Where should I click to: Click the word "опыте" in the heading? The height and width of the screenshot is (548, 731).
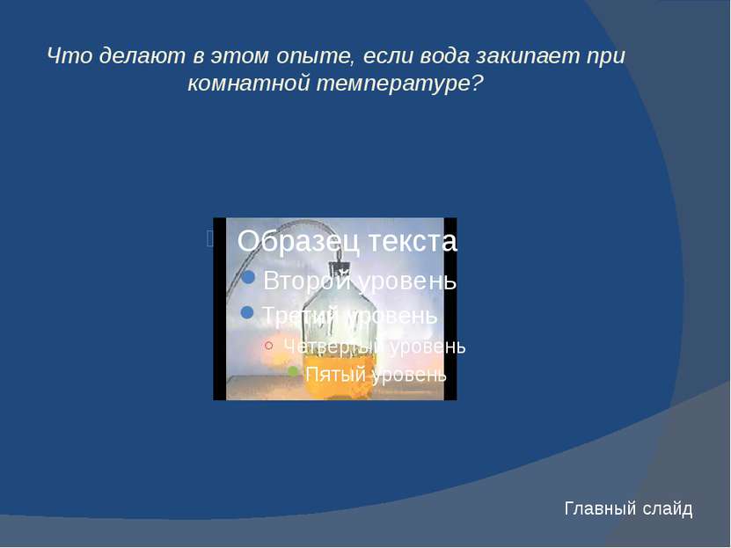click(312, 56)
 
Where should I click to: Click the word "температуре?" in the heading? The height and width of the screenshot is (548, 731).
click(399, 84)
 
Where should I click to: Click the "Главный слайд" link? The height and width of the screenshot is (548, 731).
click(628, 508)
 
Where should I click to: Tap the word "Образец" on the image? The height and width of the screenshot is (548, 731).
click(299, 241)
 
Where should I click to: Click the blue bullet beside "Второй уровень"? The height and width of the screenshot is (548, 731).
click(248, 277)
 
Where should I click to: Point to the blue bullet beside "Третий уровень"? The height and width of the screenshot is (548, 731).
click(247, 312)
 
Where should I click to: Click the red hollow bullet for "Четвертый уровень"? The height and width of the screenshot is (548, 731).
click(268, 346)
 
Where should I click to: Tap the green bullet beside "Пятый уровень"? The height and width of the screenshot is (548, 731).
click(293, 371)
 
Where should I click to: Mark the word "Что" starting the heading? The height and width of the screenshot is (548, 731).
click(69, 55)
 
